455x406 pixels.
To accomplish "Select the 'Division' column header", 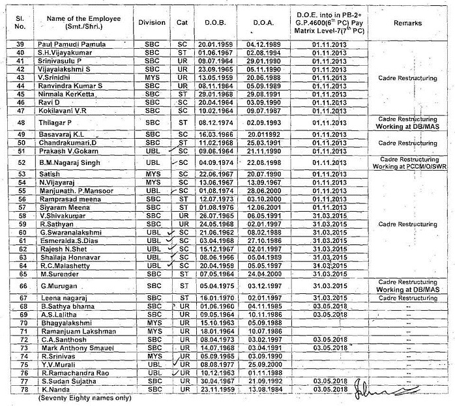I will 152,22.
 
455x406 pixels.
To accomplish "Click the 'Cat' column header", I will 182,22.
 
